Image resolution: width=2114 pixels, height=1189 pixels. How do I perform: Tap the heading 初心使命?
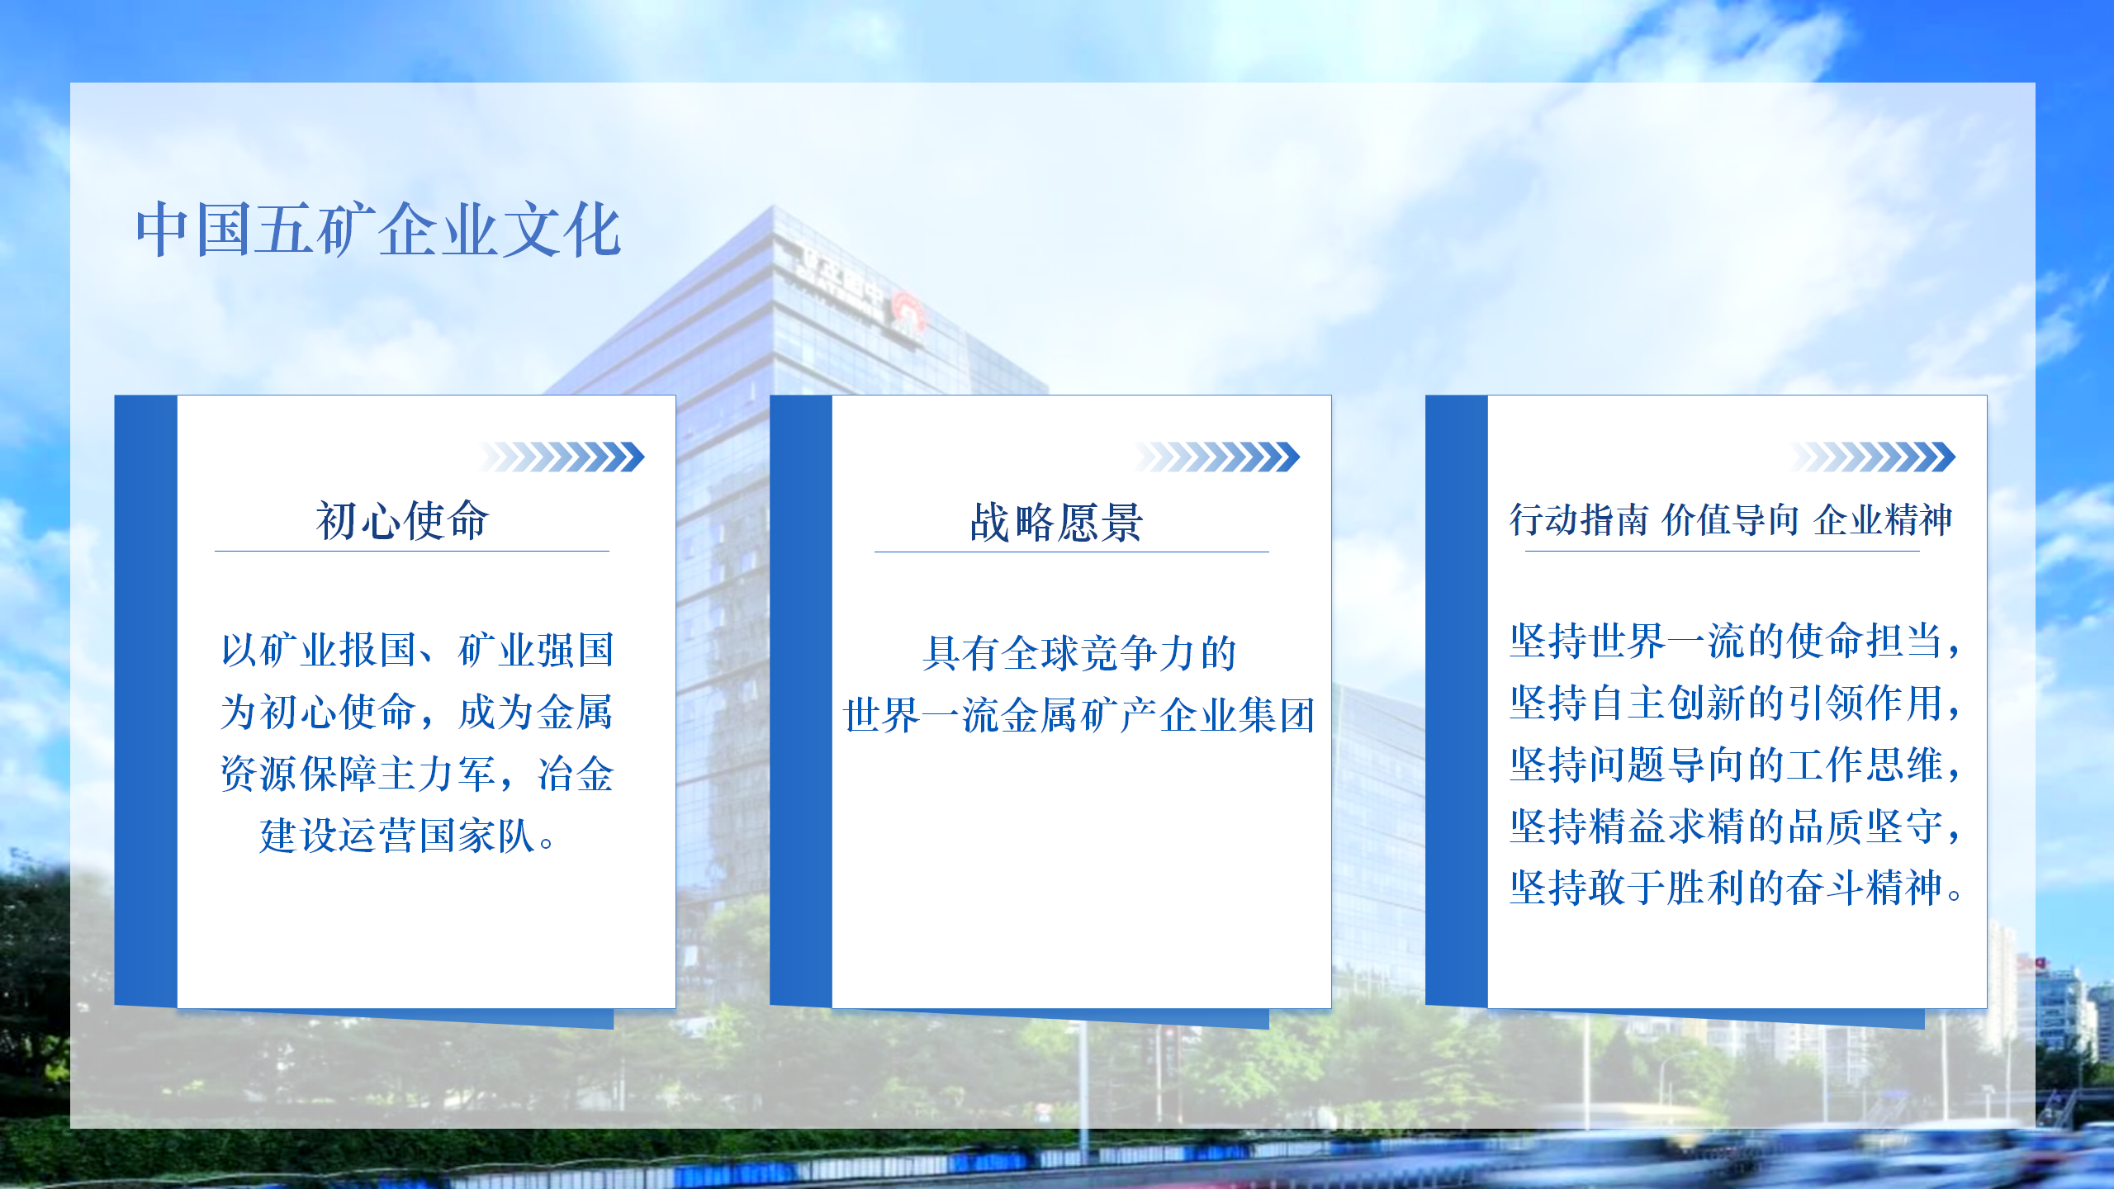[402, 520]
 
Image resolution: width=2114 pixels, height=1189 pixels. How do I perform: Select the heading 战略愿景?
[1057, 522]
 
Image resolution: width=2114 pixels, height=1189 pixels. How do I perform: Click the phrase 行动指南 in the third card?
[1579, 520]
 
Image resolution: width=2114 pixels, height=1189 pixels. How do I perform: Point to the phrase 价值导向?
[1731, 520]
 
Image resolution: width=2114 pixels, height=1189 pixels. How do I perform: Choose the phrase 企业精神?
[1884, 520]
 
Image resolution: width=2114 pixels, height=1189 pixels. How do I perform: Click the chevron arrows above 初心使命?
[562, 457]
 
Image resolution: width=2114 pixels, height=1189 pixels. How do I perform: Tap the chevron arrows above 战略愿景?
[1217, 457]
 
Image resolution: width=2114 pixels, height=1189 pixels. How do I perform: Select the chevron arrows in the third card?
[1873, 457]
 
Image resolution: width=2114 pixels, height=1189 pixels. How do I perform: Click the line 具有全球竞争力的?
[1079, 653]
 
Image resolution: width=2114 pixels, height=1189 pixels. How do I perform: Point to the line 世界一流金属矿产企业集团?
[1079, 715]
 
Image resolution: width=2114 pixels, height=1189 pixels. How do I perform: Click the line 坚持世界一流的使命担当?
[1735, 641]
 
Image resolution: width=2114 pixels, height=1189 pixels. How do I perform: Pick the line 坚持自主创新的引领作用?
[1735, 703]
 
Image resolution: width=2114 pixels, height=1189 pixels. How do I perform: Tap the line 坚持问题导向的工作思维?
[1735, 765]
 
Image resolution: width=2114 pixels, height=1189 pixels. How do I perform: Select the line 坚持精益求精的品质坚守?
[1735, 827]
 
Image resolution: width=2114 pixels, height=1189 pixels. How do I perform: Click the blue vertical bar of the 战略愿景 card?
[801, 701]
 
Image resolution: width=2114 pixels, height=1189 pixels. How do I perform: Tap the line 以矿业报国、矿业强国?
[418, 650]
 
